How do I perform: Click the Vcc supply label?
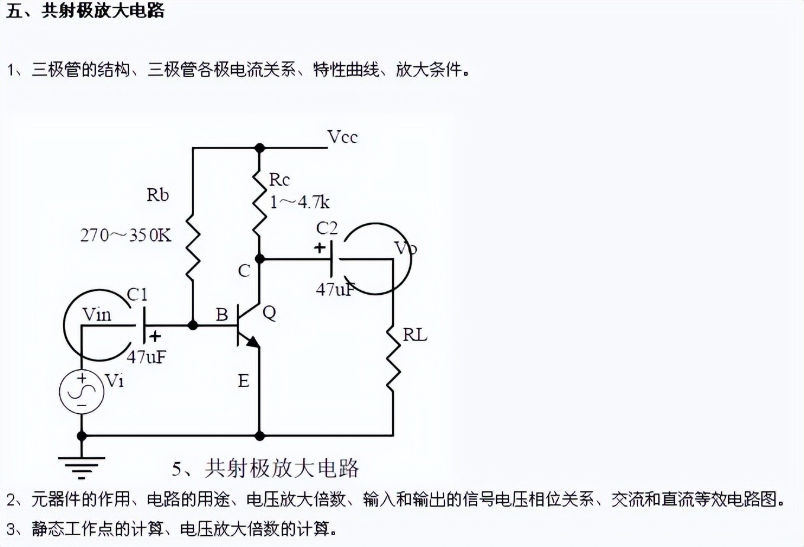[343, 137]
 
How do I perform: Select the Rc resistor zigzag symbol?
[259, 201]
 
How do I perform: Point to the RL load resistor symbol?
[393, 358]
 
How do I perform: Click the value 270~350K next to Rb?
[126, 236]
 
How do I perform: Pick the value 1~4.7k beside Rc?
[300, 202]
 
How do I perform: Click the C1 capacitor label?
[137, 294]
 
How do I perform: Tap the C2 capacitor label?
[327, 228]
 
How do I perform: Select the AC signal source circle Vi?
[82, 392]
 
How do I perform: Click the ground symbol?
[82, 465]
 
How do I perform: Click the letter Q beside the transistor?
[269, 312]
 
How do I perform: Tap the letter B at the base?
[222, 314]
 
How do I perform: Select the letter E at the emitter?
[243, 381]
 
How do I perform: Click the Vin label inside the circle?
[97, 314]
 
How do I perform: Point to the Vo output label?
[406, 248]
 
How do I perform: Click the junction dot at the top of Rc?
[259, 148]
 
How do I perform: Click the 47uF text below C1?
[146, 356]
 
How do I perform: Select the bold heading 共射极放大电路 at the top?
[103, 11]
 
